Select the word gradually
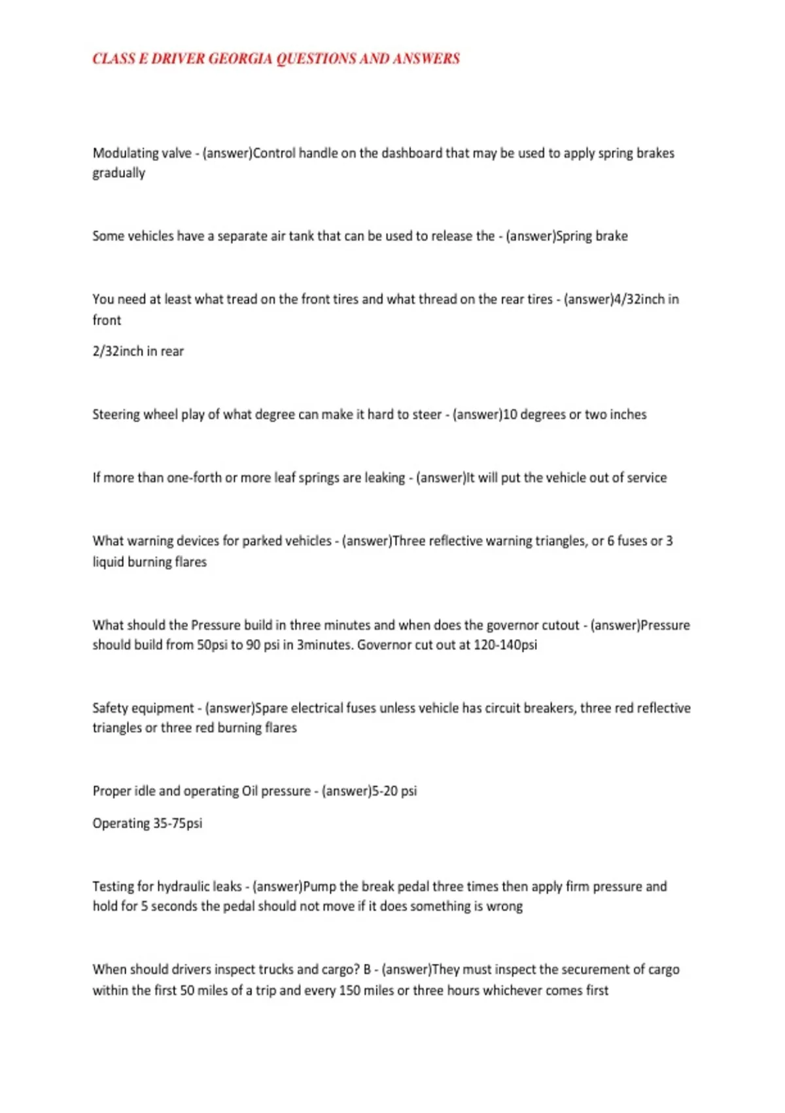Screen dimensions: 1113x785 pos(118,173)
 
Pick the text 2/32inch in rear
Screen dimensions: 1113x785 pos(138,352)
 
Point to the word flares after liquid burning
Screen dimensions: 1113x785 pos(190,562)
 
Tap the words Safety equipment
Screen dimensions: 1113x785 pos(143,708)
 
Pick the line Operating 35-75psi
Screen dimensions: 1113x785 pos(147,824)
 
